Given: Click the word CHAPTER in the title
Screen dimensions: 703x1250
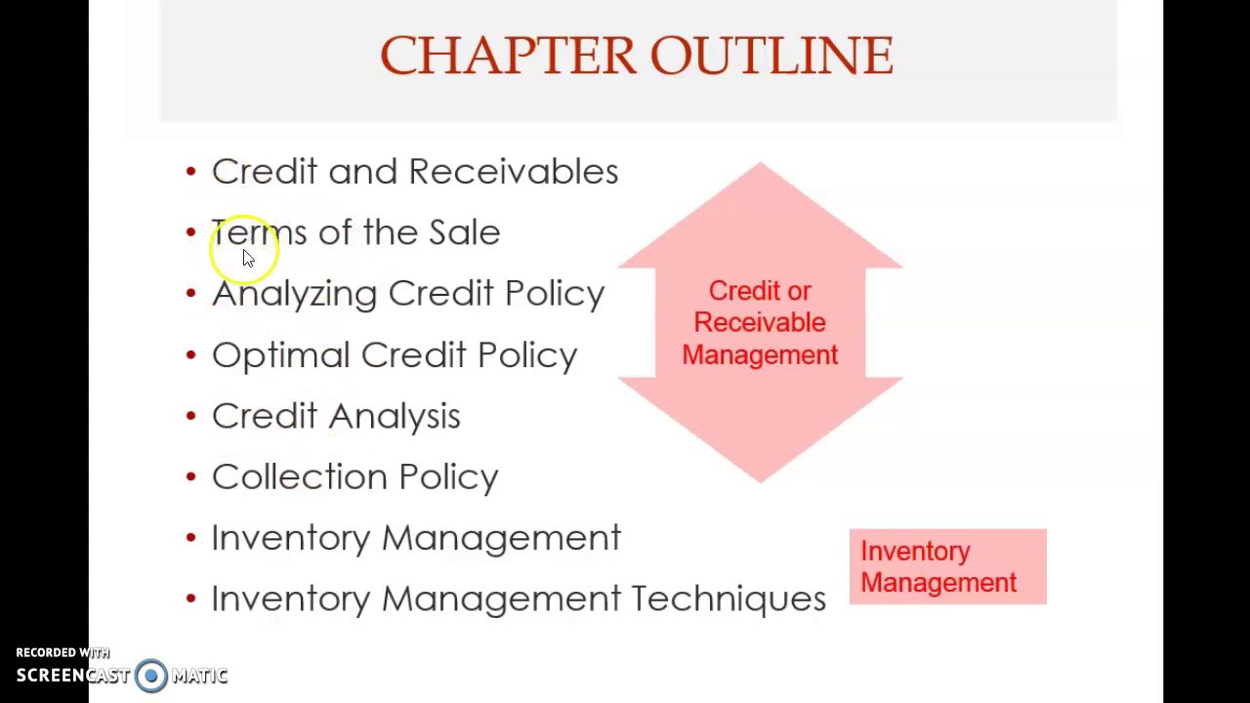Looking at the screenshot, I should [508, 56].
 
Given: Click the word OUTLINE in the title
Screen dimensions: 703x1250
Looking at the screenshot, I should [771, 56].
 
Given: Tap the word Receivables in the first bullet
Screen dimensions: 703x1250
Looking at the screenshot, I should [513, 172].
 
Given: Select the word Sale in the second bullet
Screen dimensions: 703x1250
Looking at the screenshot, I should [464, 232].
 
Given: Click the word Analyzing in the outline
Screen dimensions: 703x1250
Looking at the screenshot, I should [294, 294].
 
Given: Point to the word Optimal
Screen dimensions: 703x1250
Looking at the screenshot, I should [280, 355].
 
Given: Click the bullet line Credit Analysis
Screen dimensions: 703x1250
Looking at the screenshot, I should [336, 416].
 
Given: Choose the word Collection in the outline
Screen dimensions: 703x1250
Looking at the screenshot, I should [300, 476].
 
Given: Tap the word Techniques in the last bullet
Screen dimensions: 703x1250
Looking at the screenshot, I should [729, 599].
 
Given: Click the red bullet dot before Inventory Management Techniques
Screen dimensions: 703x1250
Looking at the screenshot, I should [190, 598].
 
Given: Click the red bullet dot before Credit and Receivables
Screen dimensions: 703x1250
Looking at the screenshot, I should [190, 172].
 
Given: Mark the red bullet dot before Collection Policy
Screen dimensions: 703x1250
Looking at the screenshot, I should [190, 476].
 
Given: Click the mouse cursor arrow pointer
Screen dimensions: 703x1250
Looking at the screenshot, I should [247, 257].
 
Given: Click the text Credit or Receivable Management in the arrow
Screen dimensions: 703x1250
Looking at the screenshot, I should [760, 323].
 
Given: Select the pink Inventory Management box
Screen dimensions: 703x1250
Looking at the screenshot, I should [947, 567].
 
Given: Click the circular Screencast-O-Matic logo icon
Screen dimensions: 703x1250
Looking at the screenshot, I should [151, 676].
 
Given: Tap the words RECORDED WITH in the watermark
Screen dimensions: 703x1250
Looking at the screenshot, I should [62, 652].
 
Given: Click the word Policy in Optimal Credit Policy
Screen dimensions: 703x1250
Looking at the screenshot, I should [527, 355].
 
